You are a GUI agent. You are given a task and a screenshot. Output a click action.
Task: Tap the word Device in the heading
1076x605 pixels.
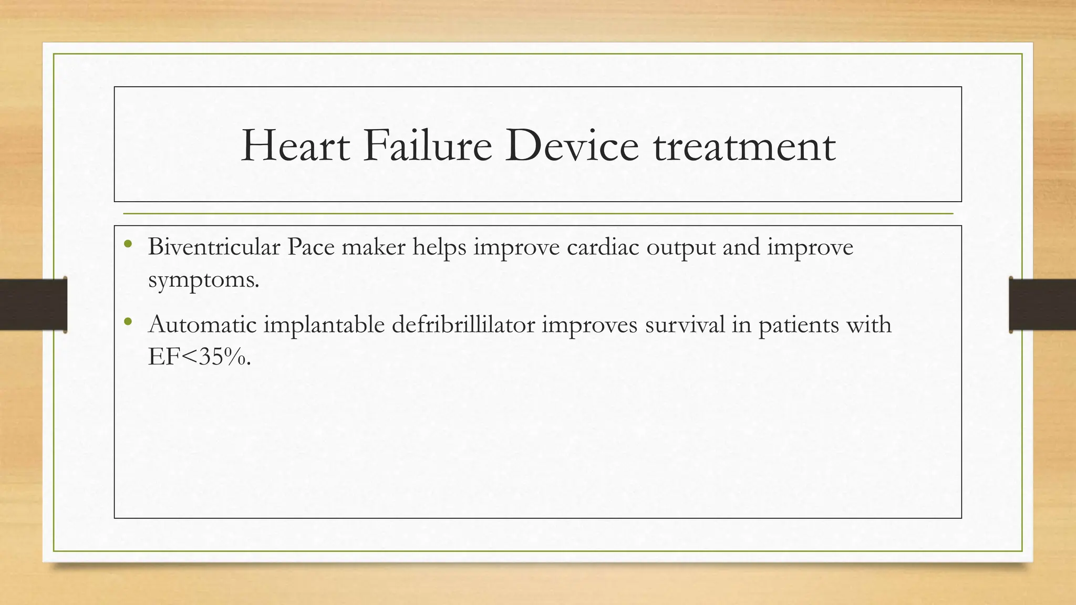point(572,146)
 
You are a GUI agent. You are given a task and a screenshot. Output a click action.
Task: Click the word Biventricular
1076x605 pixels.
point(214,247)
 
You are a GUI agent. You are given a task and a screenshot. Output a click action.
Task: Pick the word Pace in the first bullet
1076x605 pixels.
point(311,247)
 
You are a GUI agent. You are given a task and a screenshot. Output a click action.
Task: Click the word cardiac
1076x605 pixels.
point(603,247)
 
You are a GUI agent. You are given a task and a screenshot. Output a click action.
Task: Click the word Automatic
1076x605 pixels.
point(202,325)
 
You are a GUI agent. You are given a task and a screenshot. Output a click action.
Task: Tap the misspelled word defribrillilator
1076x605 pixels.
point(463,325)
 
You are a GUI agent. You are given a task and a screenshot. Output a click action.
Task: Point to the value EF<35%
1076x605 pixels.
point(199,357)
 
